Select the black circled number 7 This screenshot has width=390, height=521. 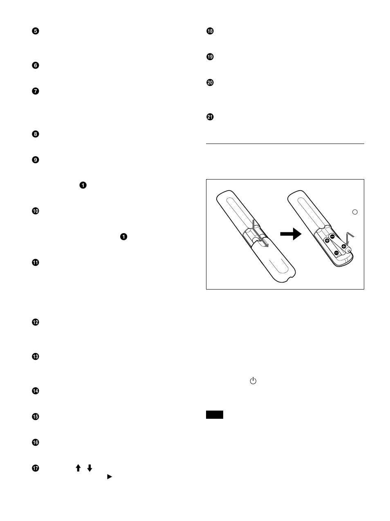coord(35,91)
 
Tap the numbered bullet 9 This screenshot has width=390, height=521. coord(35,160)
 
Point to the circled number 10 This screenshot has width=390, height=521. coord(35,211)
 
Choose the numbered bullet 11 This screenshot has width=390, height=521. coord(35,263)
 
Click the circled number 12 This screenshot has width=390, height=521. coord(35,322)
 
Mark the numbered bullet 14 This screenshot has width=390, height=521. coord(35,391)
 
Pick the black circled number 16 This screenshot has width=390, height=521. coord(35,442)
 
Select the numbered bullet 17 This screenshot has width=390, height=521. coord(35,468)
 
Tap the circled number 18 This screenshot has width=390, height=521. coord(210,31)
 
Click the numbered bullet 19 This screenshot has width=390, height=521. coord(210,57)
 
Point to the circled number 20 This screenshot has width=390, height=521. coord(210,83)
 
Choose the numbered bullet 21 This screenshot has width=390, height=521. coord(210,117)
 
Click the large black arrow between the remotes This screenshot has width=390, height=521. coord(290,234)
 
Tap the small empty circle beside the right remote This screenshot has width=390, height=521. coord(355,212)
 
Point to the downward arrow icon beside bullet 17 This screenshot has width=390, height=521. coord(90,468)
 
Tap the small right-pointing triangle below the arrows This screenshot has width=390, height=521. coord(109,476)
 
